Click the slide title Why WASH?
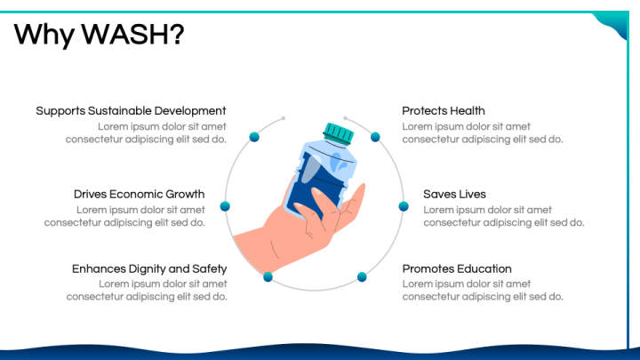99,35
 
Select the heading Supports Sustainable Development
131,111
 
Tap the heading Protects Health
444,111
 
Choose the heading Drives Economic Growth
140,194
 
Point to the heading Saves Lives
454,194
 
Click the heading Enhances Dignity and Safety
149,269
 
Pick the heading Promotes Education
457,269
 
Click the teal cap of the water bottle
339,133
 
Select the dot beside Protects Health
375,137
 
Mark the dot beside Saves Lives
404,206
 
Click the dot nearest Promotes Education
362,277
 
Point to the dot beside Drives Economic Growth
225,206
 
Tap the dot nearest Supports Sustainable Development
254,137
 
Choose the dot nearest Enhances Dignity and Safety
268,277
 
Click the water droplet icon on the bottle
339,162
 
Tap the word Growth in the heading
185,194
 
